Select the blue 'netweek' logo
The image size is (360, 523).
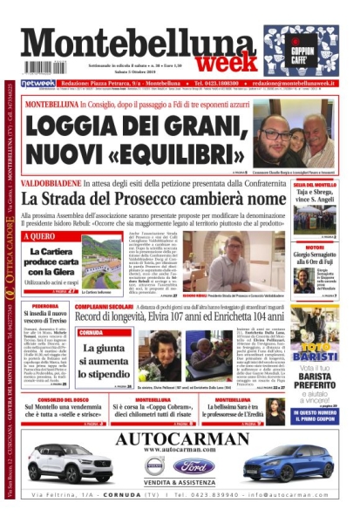(38, 83)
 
